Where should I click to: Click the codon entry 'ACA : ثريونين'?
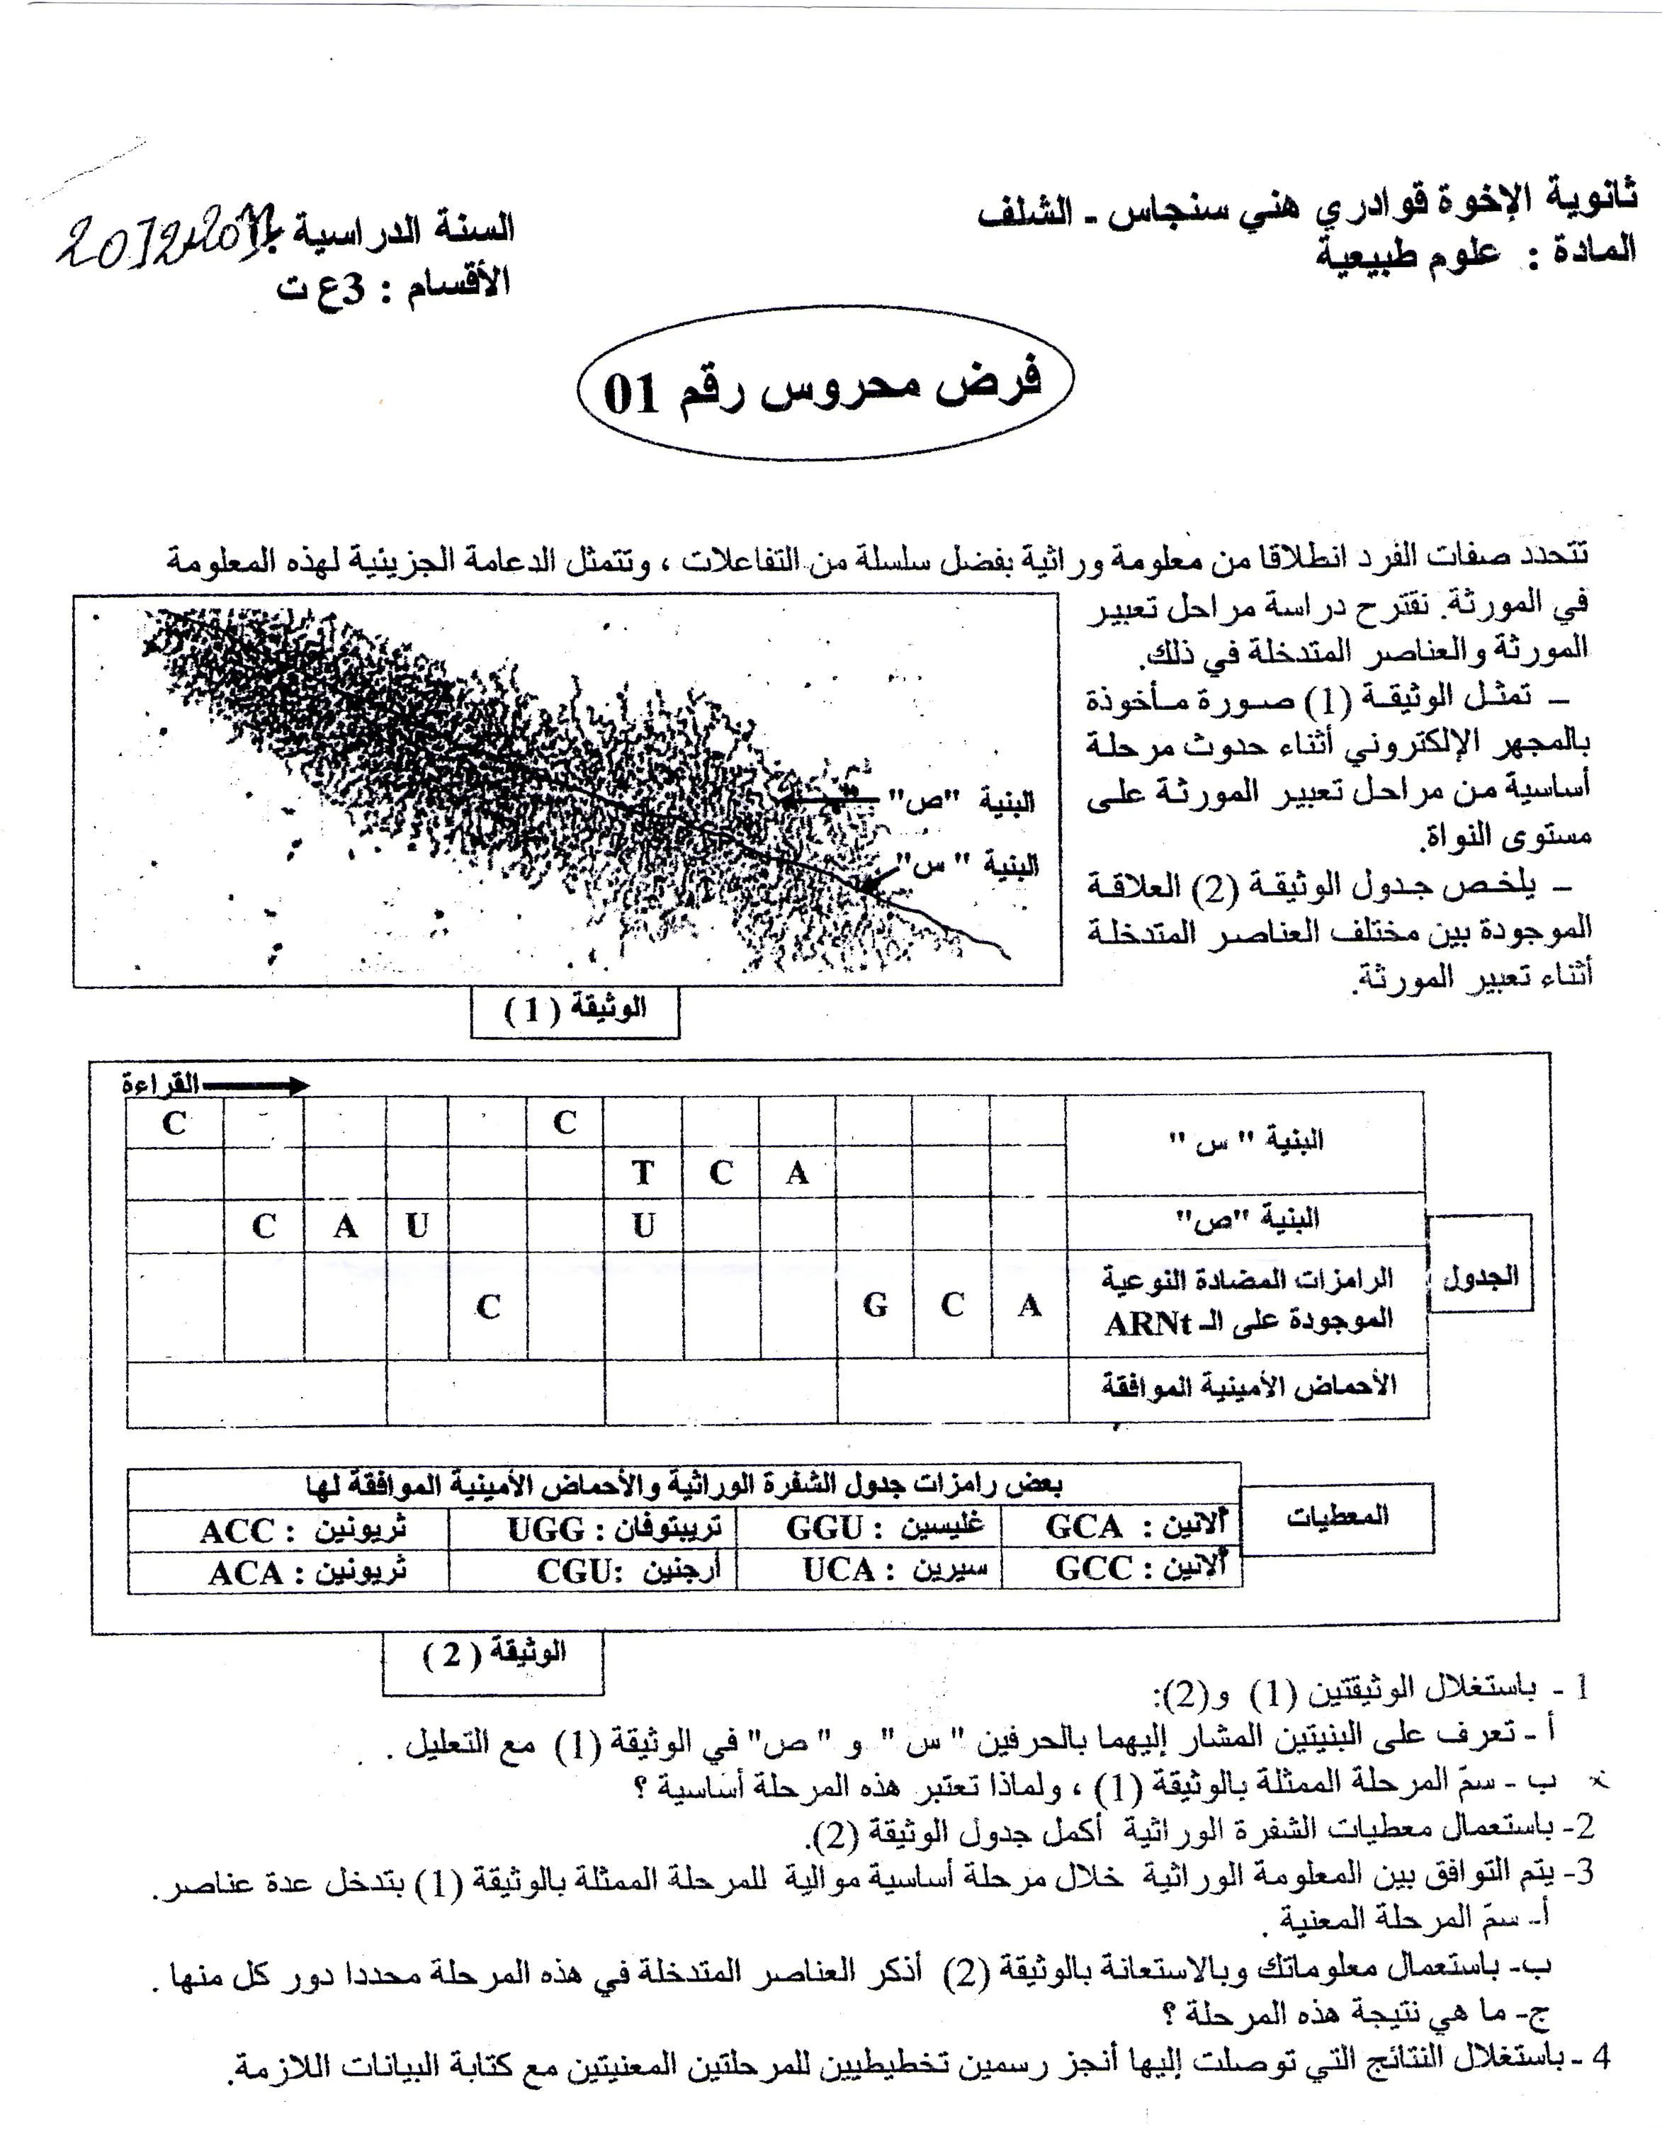click(x=307, y=1573)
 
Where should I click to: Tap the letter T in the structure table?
click(x=642, y=1173)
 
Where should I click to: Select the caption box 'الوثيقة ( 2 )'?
click(x=494, y=1655)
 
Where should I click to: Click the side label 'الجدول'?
click(x=1479, y=1275)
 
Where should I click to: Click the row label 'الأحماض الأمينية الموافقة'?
click(x=1248, y=1386)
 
